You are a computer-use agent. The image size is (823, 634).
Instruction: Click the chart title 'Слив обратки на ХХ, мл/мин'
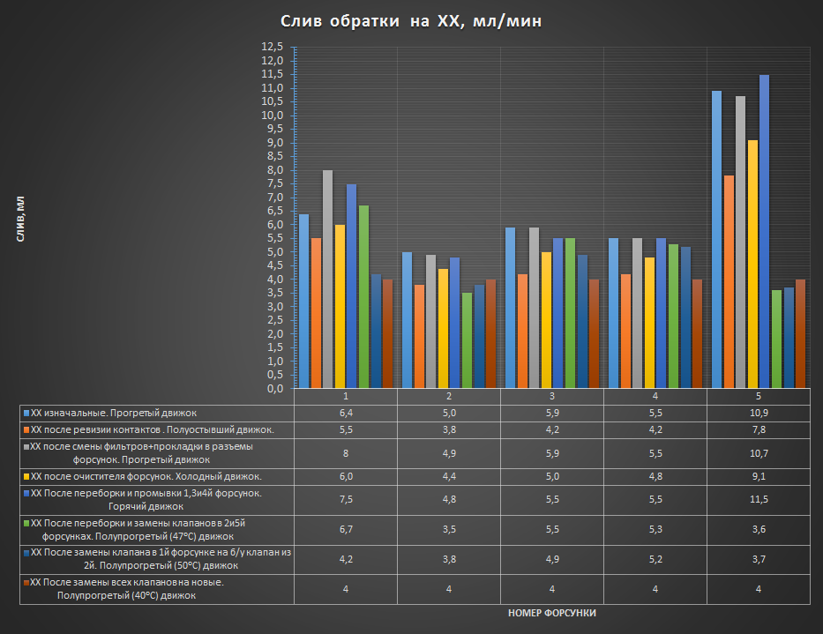(411, 21)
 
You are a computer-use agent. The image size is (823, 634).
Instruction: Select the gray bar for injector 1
(328, 279)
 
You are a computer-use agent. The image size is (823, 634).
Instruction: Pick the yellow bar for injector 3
(546, 320)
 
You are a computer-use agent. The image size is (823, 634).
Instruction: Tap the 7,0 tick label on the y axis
(271, 198)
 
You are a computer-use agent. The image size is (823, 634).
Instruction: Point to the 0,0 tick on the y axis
(271, 389)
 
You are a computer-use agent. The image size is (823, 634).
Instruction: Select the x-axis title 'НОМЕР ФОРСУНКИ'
(552, 612)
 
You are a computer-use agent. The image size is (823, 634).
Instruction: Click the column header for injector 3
(552, 397)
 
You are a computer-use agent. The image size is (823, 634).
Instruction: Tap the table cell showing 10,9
(759, 413)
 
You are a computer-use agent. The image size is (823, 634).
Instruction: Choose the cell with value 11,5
(759, 499)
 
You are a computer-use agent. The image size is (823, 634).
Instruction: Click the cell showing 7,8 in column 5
(759, 429)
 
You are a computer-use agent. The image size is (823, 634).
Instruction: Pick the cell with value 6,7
(346, 529)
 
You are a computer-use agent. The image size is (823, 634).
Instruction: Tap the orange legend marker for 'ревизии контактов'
(26, 429)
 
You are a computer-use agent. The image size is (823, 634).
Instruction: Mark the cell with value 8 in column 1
(346, 453)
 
